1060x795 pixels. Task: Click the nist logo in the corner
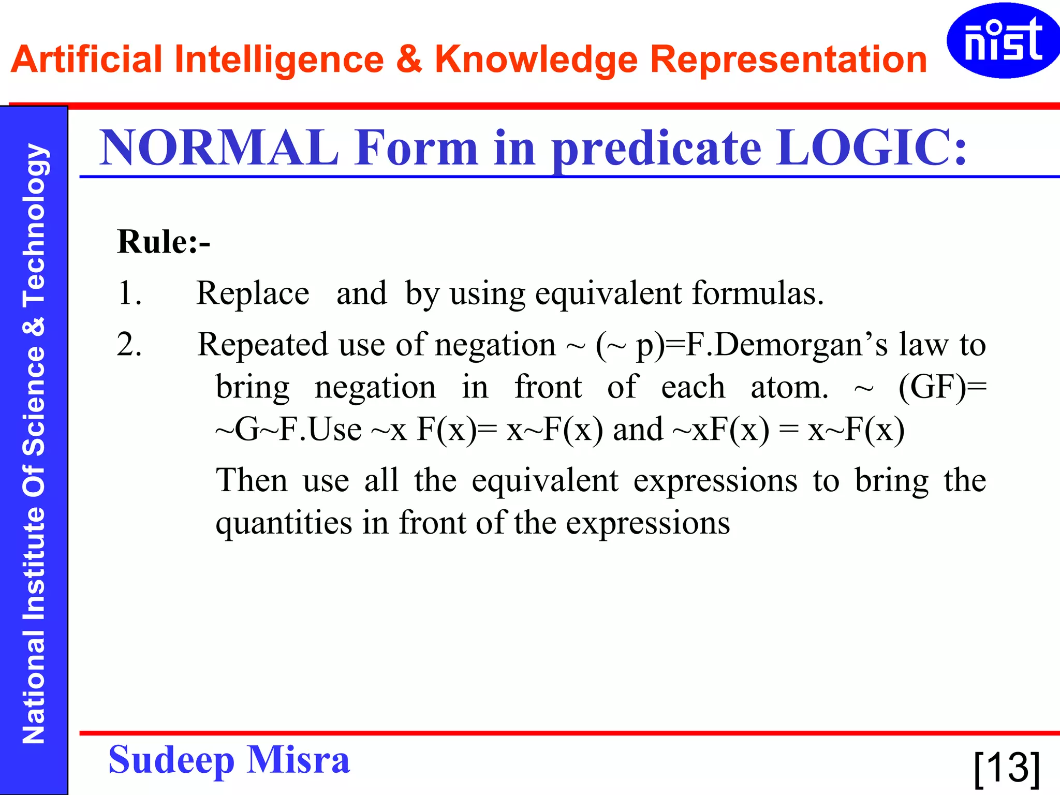coord(1002,40)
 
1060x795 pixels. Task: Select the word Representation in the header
coord(788,60)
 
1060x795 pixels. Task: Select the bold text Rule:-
coord(164,242)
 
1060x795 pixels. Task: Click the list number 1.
coord(129,293)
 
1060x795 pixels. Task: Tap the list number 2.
coord(129,345)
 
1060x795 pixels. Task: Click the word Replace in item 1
coord(253,294)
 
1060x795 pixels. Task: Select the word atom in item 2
coord(789,388)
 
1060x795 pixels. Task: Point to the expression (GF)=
coord(942,388)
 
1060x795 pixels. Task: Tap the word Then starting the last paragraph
coord(252,481)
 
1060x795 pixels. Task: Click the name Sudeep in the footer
coord(171,761)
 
